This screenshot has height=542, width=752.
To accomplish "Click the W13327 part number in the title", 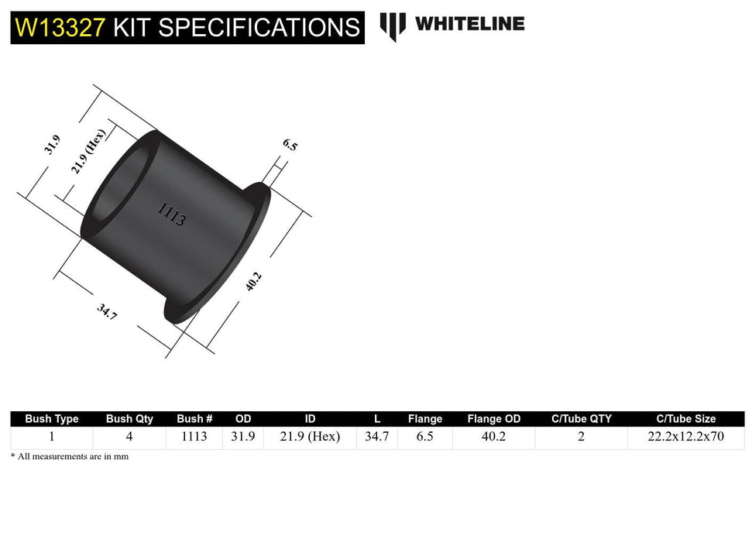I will coord(59,28).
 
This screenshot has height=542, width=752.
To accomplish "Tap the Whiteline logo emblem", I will coord(393,26).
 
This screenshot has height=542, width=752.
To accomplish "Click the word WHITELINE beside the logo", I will coord(469,24).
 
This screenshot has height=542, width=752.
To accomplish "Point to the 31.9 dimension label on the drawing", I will coord(53,145).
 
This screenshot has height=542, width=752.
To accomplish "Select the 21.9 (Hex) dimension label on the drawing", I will coord(89,152).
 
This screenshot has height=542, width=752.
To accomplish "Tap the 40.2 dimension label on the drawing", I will coord(253,280).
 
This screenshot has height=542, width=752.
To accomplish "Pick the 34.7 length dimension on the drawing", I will coord(107,312).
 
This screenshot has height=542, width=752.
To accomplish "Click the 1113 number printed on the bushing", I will coord(171,214).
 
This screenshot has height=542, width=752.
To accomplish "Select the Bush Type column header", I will coord(52,419).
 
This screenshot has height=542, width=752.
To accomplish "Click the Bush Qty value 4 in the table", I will coord(129,437).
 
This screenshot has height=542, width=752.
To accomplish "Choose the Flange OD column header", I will coord(494,419).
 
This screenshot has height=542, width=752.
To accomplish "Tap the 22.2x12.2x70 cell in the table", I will coord(685,437).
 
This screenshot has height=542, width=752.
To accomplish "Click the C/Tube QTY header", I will coord(581,419).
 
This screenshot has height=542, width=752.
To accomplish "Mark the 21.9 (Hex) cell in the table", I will coord(310,437).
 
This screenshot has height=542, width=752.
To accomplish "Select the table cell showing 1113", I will coord(194,437).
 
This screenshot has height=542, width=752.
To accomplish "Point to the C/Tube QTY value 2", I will coord(581,437).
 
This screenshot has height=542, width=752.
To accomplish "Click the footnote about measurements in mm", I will coord(70,457).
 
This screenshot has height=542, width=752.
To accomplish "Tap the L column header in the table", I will coord(377,419).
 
